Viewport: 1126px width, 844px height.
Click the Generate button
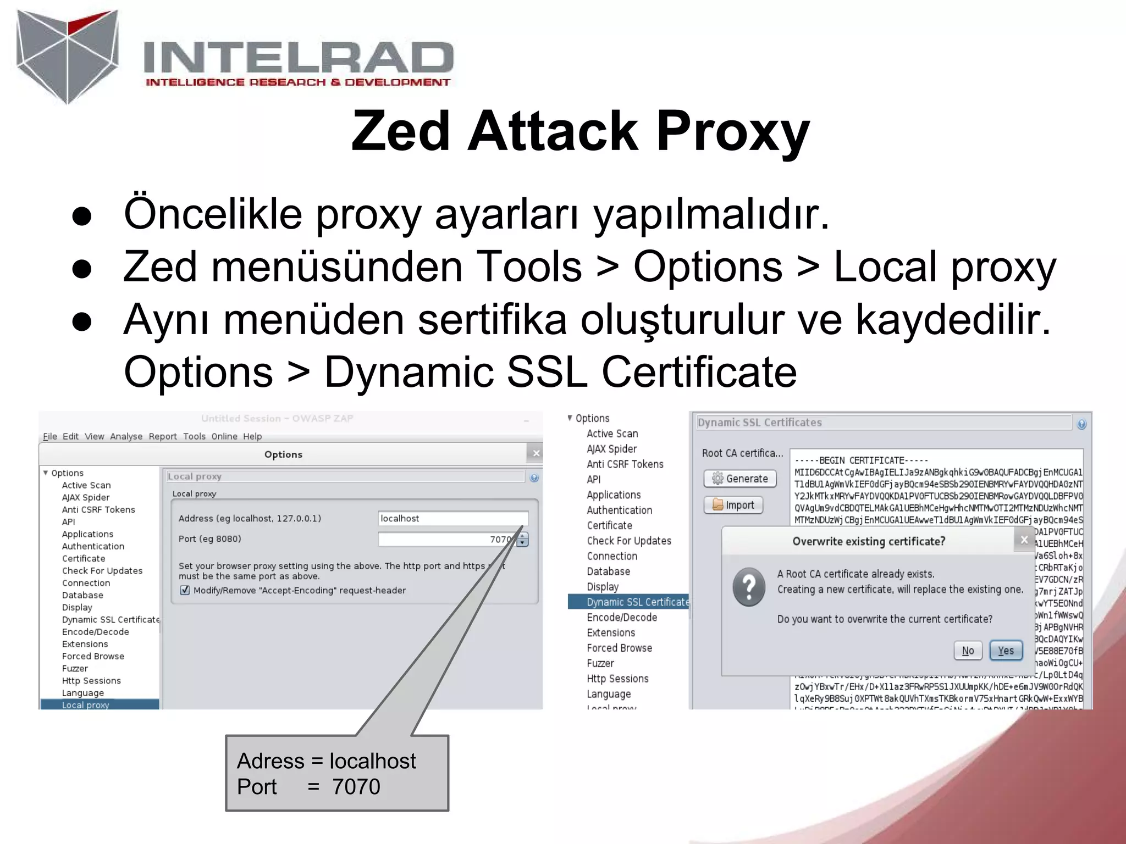pos(739,479)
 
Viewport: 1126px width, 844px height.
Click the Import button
pos(733,505)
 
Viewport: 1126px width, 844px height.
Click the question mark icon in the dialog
pos(748,587)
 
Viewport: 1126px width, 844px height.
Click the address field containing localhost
pos(452,518)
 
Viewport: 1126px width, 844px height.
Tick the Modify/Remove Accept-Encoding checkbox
pos(185,590)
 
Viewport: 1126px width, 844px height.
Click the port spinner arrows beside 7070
pos(522,540)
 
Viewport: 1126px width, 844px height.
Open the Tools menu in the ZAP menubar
pos(194,436)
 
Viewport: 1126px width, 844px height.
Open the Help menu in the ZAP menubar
pos(252,436)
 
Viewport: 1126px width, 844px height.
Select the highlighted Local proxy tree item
pos(86,705)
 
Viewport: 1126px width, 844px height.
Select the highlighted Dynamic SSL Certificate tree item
pos(637,602)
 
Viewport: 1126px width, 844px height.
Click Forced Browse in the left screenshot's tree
pos(93,656)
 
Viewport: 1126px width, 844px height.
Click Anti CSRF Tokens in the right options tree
pos(625,464)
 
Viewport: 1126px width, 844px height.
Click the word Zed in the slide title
pos(400,131)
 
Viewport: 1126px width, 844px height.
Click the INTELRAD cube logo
pos(68,55)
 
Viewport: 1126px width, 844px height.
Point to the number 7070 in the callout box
pos(356,787)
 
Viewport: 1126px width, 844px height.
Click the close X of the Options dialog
pos(536,453)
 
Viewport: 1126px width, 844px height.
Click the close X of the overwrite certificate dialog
pos(1024,540)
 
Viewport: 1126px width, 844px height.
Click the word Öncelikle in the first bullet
pos(213,214)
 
